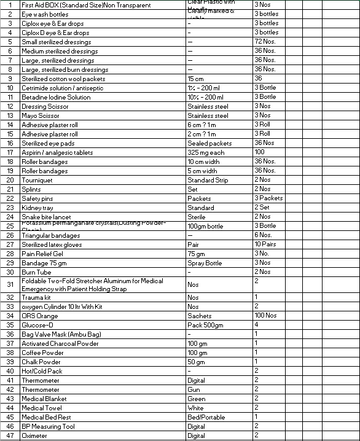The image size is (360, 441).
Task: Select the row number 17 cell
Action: tap(10, 152)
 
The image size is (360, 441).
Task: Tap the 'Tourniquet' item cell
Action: tap(37, 180)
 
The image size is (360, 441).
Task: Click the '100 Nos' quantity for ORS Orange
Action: tap(266, 315)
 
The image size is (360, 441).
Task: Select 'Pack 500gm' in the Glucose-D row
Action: tap(205, 325)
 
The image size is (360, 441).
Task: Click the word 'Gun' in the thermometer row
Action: tap(194, 389)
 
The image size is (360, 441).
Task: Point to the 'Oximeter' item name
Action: tap(34, 435)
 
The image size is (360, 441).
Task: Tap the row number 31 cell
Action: tap(10, 284)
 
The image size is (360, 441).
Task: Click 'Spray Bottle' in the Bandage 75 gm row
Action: tap(205, 263)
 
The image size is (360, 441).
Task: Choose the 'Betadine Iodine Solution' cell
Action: tap(56, 97)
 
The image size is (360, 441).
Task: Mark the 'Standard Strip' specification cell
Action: tap(208, 180)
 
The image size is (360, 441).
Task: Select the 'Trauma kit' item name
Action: tap(36, 297)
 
